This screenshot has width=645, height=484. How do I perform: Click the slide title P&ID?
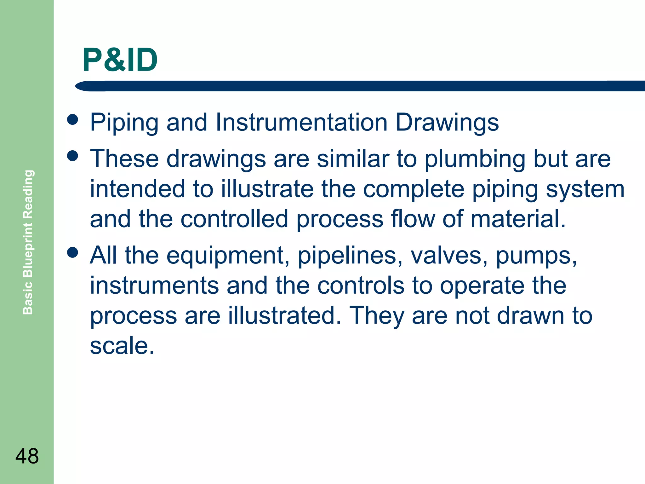point(120,60)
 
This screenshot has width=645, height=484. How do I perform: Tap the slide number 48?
point(27,456)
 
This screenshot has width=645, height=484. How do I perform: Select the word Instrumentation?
point(301,122)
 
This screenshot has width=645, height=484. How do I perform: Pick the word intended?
point(137,189)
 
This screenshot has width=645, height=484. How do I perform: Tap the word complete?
point(414,189)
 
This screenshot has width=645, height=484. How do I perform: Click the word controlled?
point(234,219)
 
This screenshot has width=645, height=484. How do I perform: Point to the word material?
point(518,219)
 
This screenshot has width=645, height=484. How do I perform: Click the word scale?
point(122,345)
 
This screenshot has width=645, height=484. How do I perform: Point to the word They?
point(377,316)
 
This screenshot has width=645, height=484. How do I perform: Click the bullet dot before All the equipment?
point(73,252)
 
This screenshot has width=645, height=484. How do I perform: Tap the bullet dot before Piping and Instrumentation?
point(73,120)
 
